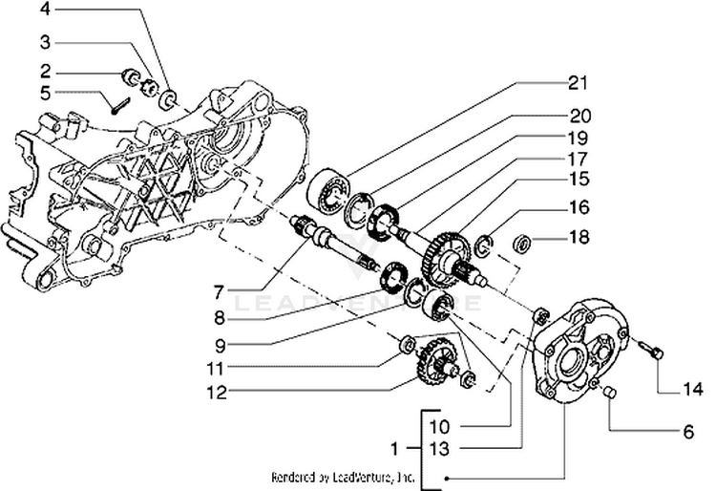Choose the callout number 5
(45, 93)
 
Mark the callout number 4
(45, 11)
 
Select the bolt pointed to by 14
(653, 353)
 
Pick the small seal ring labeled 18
(524, 244)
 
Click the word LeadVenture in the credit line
(363, 476)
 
